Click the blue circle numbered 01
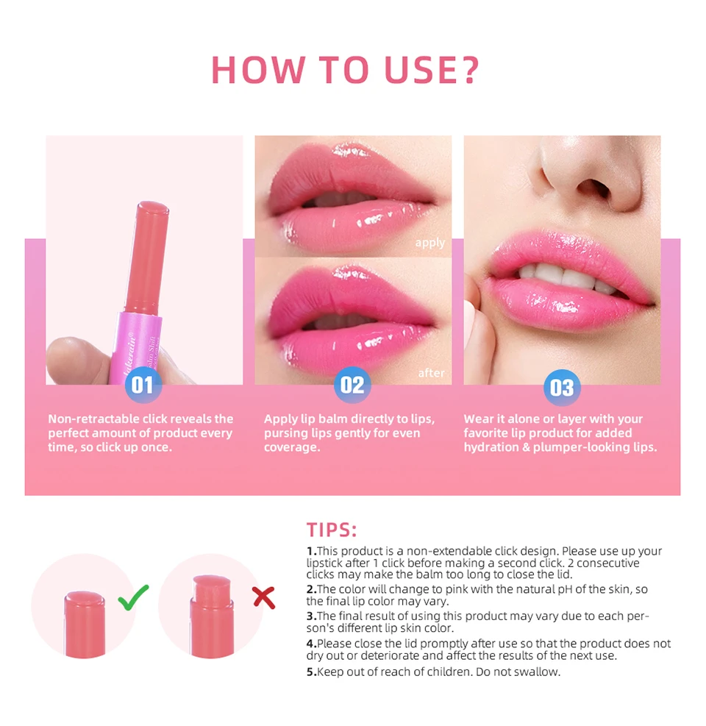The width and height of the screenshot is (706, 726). (x=143, y=384)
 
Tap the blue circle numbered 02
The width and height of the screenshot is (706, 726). (x=352, y=385)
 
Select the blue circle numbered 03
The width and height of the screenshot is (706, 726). (x=562, y=388)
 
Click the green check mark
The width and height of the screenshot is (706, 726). (x=133, y=597)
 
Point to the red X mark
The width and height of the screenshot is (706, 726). (x=264, y=597)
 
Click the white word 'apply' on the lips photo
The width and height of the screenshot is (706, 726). (x=429, y=243)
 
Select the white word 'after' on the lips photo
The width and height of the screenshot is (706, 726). (x=431, y=373)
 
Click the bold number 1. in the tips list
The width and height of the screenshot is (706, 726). (x=312, y=551)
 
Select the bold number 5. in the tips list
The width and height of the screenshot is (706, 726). (x=312, y=672)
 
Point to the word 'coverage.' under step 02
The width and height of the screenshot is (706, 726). (x=292, y=447)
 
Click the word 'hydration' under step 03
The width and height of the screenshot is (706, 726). (x=493, y=447)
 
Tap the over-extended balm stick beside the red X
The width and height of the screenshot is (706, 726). (x=212, y=616)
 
